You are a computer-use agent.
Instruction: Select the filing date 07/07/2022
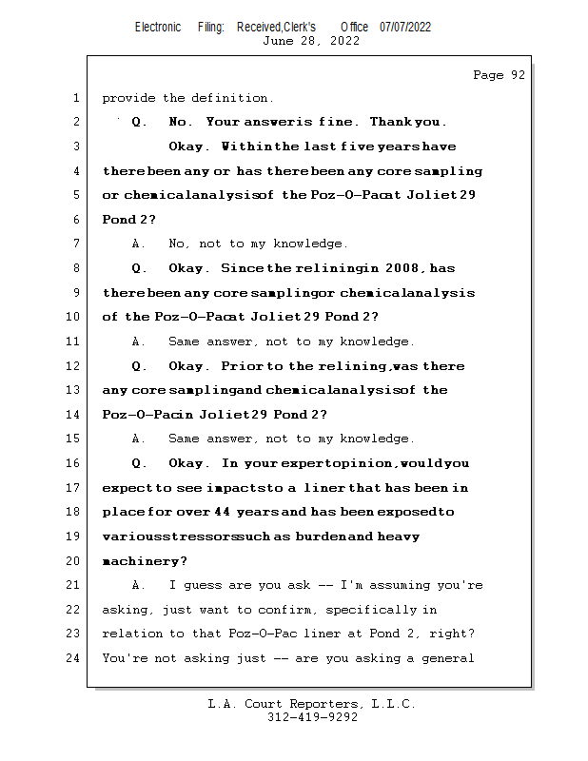point(404,28)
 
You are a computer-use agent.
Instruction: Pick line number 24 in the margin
point(73,658)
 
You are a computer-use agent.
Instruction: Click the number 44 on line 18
point(222,512)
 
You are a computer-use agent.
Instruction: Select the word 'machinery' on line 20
point(142,561)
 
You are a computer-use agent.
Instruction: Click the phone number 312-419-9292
point(312,717)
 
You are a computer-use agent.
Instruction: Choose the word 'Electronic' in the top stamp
point(158,28)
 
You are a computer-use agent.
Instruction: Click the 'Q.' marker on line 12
point(140,366)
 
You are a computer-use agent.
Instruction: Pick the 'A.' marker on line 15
point(139,439)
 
